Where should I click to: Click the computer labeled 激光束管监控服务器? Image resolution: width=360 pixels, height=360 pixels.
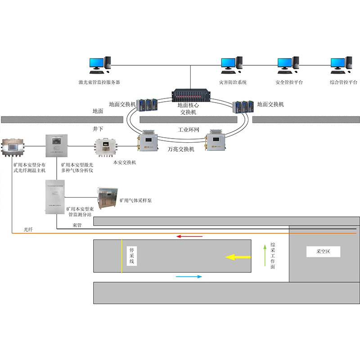click(100, 65)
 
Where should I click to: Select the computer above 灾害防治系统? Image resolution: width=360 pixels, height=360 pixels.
click(232, 65)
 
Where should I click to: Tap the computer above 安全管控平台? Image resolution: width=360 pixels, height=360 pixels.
click(288, 65)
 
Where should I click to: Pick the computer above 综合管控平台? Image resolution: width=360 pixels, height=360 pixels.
click(341, 65)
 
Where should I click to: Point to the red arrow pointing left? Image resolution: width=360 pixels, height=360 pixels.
click(189, 236)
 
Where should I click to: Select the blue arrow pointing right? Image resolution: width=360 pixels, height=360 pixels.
click(189, 277)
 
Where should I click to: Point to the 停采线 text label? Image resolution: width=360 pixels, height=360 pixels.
click(132, 255)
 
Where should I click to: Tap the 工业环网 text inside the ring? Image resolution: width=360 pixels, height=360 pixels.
click(188, 129)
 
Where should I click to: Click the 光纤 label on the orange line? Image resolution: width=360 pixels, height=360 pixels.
click(29, 229)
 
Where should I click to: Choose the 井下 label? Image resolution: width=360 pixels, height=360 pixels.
click(98, 129)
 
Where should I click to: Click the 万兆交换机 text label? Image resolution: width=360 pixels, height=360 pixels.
click(181, 149)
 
